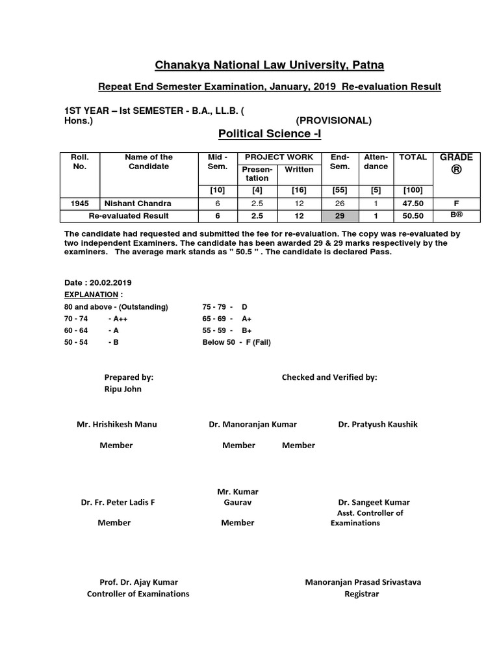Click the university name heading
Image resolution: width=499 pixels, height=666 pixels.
[268, 64]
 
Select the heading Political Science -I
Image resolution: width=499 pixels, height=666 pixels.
[268, 133]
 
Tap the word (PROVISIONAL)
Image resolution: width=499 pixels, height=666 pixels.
[333, 120]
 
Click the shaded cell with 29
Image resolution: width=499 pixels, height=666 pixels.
[340, 216]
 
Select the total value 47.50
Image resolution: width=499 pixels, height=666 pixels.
[413, 204]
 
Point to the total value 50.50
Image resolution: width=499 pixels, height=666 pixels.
[413, 216]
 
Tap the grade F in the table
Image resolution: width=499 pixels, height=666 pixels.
[456, 204]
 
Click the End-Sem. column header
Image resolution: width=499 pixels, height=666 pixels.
[340, 161]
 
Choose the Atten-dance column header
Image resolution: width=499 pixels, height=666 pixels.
[376, 161]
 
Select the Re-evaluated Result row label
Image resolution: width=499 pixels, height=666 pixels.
[129, 216]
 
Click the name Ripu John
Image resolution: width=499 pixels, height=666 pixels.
[123, 389]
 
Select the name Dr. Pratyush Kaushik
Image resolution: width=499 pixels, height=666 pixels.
[377, 424]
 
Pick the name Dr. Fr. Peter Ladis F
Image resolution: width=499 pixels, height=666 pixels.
[118, 503]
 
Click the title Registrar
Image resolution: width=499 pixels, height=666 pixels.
[362, 594]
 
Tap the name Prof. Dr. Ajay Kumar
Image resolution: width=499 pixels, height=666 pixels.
[138, 582]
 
